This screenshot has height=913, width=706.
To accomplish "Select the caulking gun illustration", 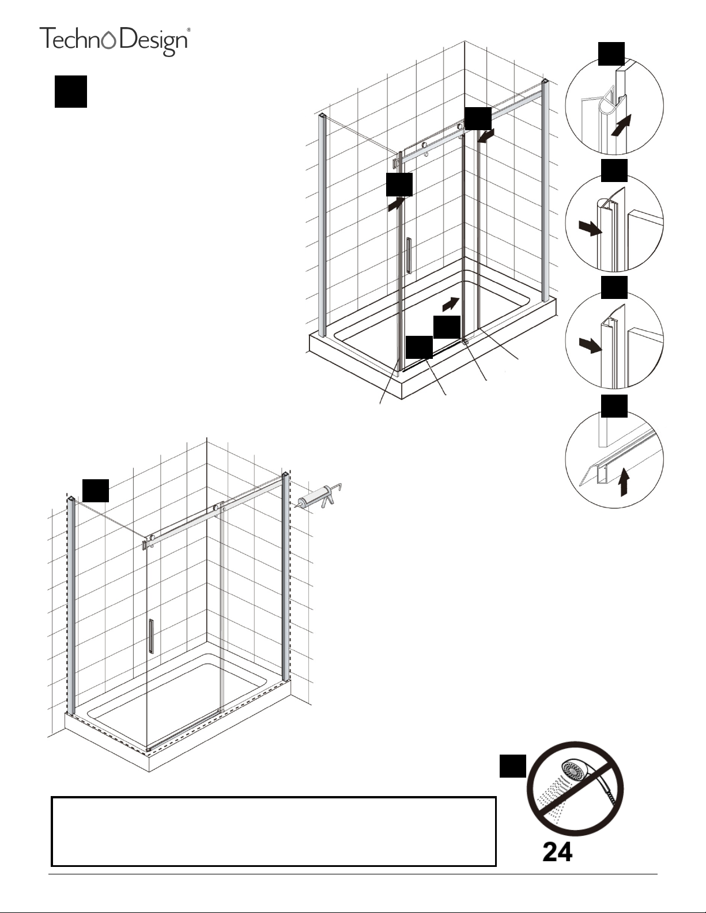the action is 319,498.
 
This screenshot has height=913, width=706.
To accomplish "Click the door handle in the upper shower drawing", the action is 409,256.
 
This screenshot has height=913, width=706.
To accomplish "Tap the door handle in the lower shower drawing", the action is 151,636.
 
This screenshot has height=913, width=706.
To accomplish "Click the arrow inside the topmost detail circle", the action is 621,126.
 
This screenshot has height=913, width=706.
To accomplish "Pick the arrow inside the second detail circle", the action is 590,229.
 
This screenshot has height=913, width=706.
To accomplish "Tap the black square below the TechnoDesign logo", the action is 70,92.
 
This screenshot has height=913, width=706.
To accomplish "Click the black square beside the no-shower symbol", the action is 513,766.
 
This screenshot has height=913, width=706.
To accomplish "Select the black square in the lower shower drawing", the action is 96,490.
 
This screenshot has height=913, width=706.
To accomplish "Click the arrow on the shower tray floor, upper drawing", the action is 451,304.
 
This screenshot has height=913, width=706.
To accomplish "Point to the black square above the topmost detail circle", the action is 611,54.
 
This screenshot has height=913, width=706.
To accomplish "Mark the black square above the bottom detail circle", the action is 614,406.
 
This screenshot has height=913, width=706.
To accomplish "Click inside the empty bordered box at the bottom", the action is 274,831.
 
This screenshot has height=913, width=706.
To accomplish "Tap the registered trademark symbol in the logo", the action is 188,29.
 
